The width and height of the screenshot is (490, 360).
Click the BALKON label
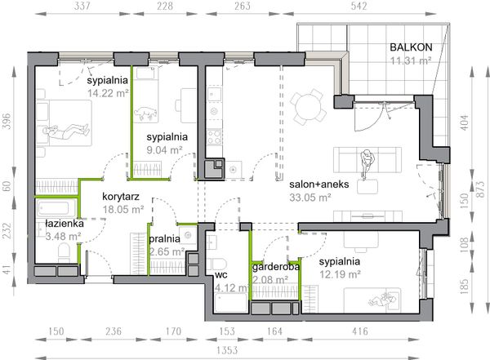411,47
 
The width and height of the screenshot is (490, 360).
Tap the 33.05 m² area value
310,198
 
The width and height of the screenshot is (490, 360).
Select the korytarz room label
121,197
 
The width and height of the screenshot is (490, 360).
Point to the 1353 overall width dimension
227,350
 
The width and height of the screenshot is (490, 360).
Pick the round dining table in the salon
308,107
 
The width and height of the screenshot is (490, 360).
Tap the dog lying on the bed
145,113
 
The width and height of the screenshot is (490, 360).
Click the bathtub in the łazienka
56,208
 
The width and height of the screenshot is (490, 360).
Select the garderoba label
276,267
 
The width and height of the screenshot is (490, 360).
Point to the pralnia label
164,239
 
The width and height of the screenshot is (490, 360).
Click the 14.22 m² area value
108,93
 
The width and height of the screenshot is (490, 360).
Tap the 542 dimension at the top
359,6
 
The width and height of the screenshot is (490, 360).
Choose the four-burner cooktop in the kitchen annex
214,137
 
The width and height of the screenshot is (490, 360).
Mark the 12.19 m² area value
340,274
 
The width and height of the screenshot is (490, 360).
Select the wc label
221,275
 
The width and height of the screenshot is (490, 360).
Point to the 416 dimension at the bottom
360,331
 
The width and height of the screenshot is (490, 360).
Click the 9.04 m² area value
164,150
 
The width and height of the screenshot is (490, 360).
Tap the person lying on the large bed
66,131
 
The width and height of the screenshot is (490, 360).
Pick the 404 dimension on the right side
465,122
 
